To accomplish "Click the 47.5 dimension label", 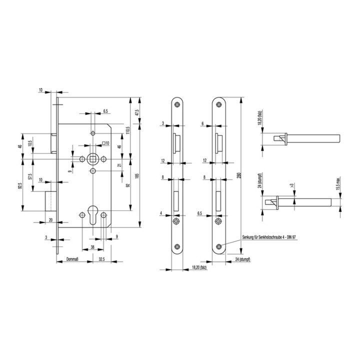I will tap(137, 113).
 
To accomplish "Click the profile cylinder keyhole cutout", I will tap(93, 212).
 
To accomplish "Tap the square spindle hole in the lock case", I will tap(93, 158).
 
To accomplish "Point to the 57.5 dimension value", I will tap(30, 177).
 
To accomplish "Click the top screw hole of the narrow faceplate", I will tap(177, 104).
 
